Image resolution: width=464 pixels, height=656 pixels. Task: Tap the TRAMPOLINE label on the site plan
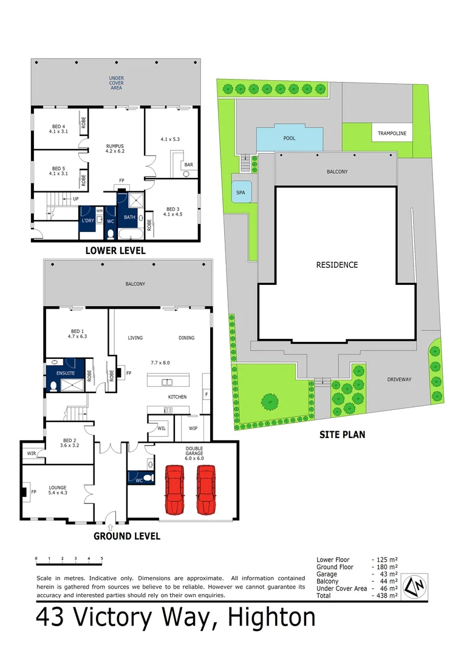(x=392, y=133)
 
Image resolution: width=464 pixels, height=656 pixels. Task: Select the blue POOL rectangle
(x=290, y=138)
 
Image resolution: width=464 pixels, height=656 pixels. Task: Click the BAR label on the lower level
(x=188, y=165)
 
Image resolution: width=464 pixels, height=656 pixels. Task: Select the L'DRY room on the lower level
(x=87, y=220)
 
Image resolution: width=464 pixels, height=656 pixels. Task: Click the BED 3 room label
(x=172, y=211)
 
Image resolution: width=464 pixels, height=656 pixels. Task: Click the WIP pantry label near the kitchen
(x=194, y=428)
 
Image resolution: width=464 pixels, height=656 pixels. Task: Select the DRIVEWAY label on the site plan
(x=400, y=380)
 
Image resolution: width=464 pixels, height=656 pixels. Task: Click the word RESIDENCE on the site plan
(x=336, y=265)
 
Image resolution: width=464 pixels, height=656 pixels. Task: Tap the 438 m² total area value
(x=384, y=596)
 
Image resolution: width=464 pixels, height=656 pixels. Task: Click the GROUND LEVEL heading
(x=126, y=536)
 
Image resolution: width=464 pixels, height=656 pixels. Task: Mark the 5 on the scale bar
(x=101, y=558)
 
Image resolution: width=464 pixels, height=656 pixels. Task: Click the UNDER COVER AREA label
(x=116, y=83)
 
